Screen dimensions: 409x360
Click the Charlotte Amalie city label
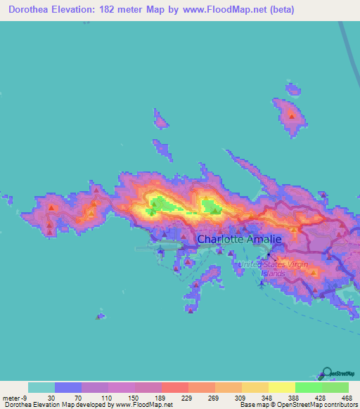(x=239, y=239)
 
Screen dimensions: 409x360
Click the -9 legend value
(x=23, y=398)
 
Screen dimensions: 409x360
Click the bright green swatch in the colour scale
(x=308, y=387)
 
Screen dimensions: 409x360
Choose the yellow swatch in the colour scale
(x=281, y=387)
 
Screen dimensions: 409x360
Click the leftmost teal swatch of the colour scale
(x=41, y=387)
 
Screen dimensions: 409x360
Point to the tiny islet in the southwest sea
(x=101, y=316)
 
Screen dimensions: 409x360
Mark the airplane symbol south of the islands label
(x=261, y=283)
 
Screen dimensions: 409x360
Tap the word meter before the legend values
(x=10, y=398)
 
